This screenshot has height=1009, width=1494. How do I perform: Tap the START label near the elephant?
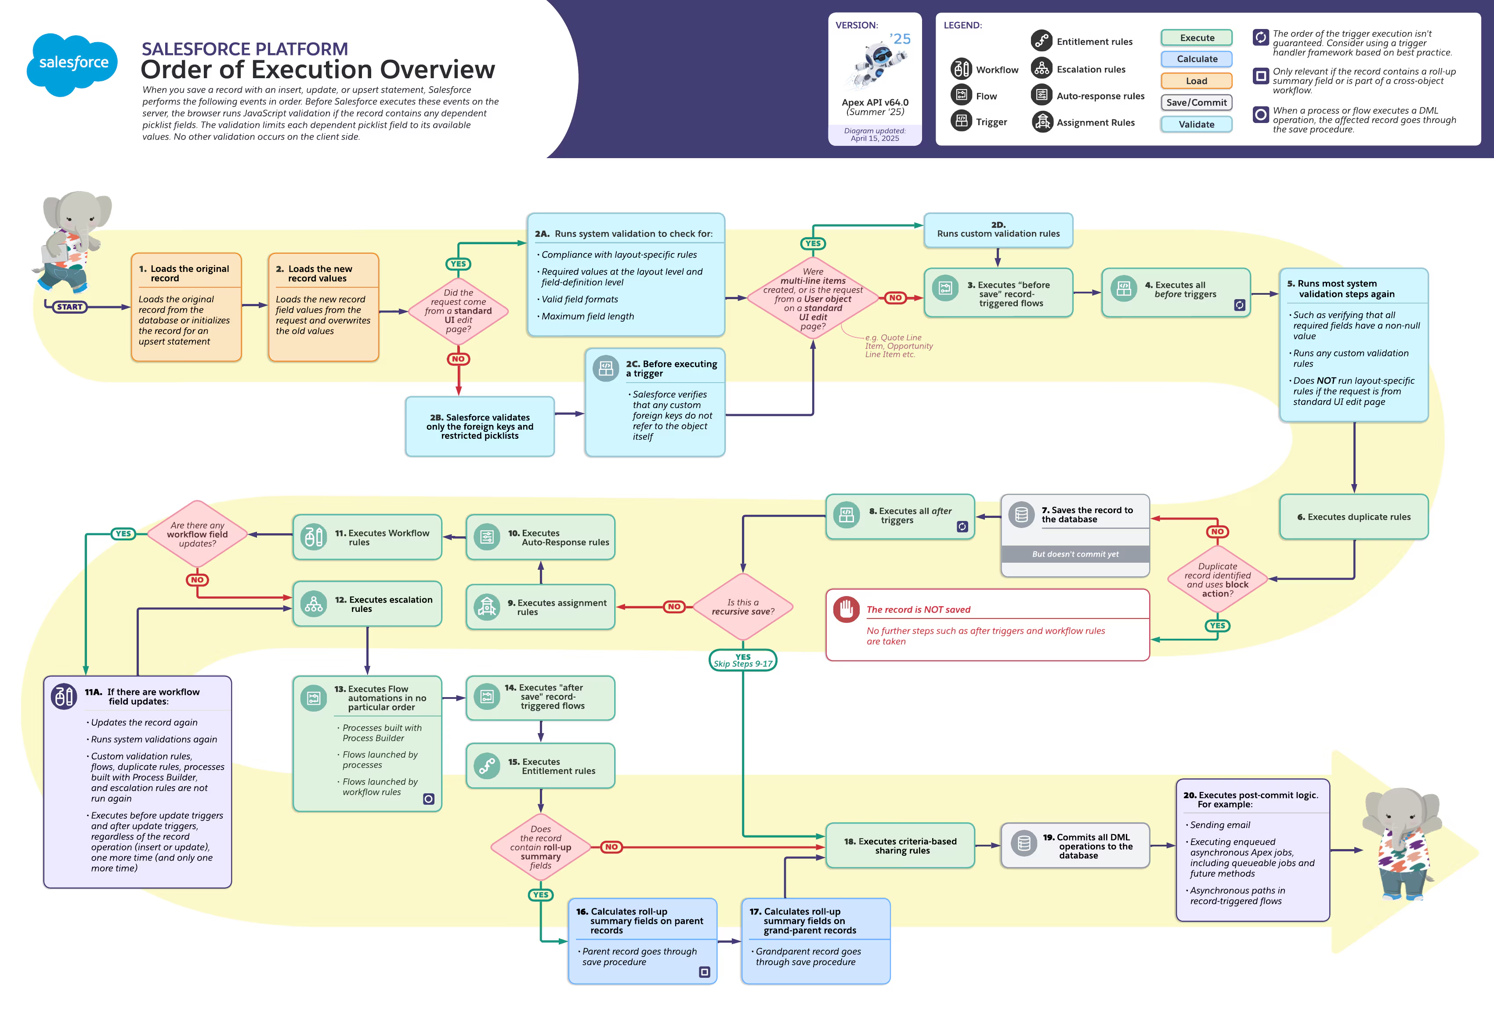69,307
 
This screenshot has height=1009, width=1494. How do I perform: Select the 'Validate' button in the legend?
1196,124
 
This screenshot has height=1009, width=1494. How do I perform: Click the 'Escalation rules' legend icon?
1042,68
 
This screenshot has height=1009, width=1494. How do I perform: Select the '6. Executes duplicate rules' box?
1353,517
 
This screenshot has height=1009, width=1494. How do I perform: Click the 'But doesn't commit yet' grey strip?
1075,554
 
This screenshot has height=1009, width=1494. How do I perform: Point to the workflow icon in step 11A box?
64,696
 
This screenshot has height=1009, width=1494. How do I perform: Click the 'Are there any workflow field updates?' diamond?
197,534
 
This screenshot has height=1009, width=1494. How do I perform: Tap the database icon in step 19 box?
1024,843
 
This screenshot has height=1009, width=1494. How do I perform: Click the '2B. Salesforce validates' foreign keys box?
480,426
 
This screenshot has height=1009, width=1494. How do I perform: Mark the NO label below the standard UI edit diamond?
458,358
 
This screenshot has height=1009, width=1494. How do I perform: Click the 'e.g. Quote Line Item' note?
898,346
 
